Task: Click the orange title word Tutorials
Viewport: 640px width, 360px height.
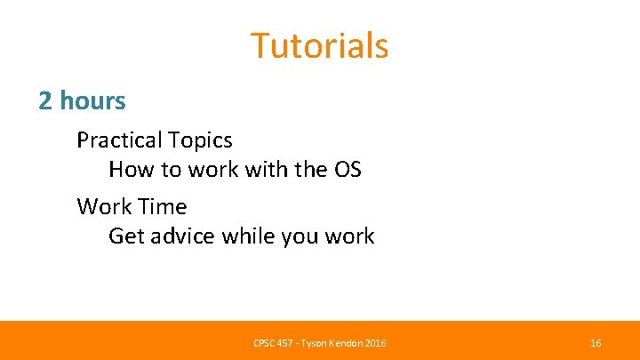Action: point(319,45)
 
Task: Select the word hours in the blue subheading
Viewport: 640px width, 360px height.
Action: point(93,101)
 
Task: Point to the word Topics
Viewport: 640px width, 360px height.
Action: point(201,140)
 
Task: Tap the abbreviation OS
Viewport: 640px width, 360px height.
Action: point(345,169)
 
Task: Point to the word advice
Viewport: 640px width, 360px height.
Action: point(183,236)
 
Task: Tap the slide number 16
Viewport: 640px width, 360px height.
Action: point(596,343)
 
